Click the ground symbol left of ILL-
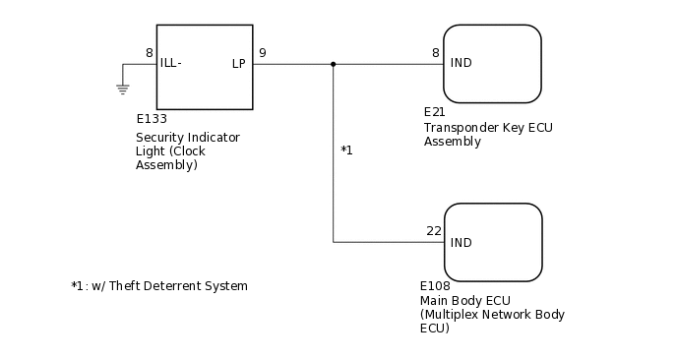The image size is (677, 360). pos(123,89)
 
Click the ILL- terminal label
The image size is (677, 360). pos(171,64)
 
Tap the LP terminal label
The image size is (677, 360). pos(239,64)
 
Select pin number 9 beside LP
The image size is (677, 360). pos(262,53)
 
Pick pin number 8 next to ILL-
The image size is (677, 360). pos(149,53)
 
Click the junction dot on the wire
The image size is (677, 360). pos(334,64)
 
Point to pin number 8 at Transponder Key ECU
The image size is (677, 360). pos(435,53)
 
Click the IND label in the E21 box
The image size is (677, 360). pos(462,64)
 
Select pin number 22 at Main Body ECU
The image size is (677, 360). pos(434,231)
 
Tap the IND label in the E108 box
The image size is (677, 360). pos(462,242)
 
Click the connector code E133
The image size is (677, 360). pos(152,119)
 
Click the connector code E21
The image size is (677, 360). pos(434,112)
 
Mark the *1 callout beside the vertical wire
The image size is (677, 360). pos(346,150)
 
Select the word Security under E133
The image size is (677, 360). pos(160,137)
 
